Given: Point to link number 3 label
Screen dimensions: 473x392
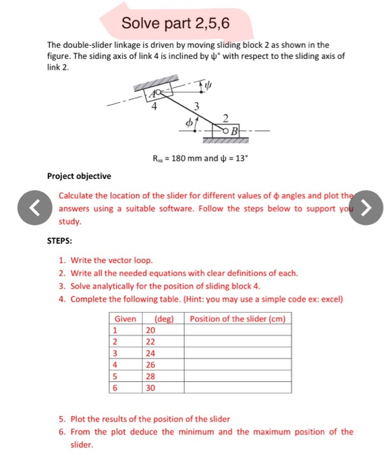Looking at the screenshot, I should (197, 105).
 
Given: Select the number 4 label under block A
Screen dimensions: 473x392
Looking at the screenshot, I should (154, 105).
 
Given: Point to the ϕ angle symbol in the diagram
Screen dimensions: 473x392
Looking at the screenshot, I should (181, 124).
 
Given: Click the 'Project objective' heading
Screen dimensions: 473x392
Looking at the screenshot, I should (79, 176).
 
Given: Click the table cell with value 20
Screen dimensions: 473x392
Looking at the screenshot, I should (150, 330).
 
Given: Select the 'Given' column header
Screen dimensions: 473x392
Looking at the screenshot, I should (125, 318).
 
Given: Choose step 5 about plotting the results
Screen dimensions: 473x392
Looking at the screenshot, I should (148, 419).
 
